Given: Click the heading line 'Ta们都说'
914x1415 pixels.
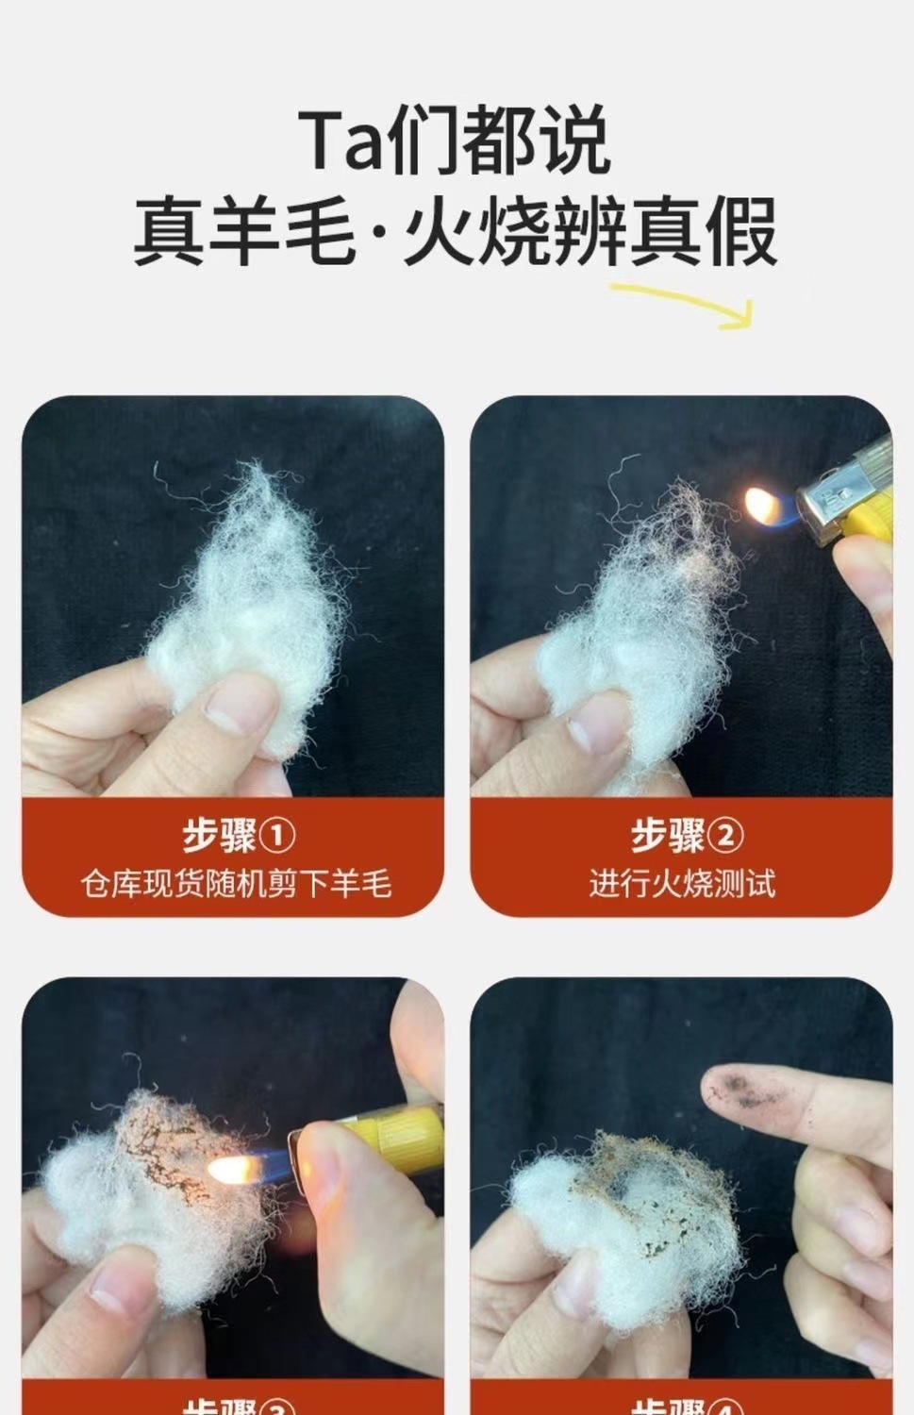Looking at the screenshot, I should click(456, 141).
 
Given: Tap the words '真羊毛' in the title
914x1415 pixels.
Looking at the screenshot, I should click(244, 231).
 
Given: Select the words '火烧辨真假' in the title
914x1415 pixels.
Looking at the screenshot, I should click(590, 231).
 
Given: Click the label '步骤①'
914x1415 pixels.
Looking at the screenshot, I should click(239, 835).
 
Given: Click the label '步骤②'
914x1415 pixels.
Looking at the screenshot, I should click(687, 835).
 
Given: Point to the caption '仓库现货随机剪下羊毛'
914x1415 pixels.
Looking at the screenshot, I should click(235, 884).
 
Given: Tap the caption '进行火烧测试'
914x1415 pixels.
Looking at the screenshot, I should click(682, 884).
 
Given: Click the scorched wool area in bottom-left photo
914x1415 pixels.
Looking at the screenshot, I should click(165, 1141).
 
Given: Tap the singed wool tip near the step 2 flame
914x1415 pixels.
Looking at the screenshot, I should click(693, 524).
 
